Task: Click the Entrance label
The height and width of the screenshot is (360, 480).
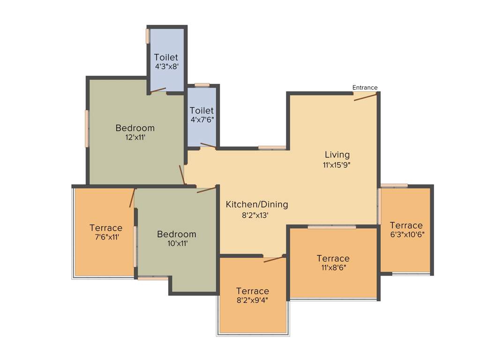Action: (365, 88)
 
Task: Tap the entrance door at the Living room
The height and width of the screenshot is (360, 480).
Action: (365, 97)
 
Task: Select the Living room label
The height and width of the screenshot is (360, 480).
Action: (337, 155)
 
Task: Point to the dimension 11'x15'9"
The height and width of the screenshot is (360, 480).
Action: (337, 165)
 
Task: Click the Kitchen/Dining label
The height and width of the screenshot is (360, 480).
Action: (257, 204)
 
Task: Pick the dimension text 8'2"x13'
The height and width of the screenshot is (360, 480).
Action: (255, 215)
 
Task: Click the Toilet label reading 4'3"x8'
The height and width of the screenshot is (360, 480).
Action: (166, 57)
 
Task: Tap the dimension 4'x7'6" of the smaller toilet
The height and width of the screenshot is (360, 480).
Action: (202, 120)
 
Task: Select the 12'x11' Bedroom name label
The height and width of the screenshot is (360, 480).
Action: (135, 128)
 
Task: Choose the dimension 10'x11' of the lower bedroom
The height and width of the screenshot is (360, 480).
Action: (176, 244)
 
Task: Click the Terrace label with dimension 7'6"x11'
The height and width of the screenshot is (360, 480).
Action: (106, 228)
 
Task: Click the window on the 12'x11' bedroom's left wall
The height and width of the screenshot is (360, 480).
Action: (87, 129)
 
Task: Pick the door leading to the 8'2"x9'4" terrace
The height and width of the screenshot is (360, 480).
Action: (274, 259)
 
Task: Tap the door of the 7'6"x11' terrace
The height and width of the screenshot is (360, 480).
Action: (133, 198)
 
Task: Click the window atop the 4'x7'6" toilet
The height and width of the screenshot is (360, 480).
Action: (202, 85)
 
